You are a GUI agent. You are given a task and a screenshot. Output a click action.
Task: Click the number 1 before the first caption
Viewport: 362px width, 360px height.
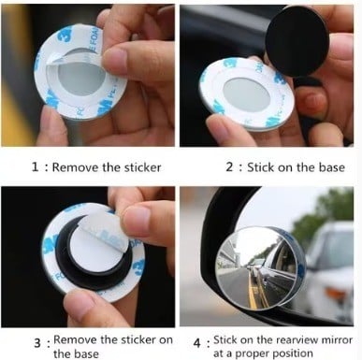[36, 166]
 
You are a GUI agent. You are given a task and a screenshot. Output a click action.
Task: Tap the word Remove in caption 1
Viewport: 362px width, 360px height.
[76, 167]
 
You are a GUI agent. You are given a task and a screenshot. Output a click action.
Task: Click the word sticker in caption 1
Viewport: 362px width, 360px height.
[143, 167]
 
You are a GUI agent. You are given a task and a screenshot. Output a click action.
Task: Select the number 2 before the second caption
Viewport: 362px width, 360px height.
[229, 166]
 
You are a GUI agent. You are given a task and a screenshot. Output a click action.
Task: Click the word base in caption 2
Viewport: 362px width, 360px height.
[332, 167]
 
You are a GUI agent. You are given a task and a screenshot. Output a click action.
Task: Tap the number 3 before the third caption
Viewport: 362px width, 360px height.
[37, 343]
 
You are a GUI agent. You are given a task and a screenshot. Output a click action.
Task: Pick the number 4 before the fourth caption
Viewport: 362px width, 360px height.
[197, 343]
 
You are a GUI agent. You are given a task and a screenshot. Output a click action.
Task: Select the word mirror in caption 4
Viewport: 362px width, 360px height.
[337, 340]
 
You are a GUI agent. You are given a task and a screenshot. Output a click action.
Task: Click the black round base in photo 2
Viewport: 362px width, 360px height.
[297, 40]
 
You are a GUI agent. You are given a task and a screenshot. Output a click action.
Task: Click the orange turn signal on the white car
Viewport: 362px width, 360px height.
[337, 294]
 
